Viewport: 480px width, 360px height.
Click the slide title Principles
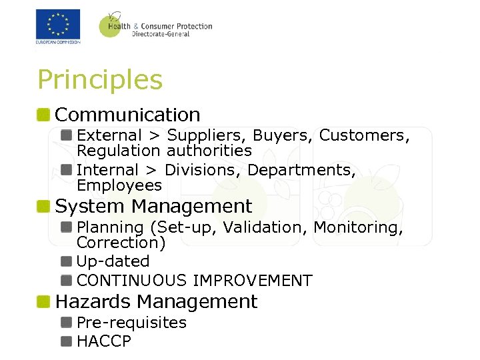click(100, 80)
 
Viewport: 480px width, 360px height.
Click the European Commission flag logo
click(58, 25)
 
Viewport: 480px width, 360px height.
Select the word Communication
click(128, 115)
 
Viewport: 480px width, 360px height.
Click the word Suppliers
click(207, 135)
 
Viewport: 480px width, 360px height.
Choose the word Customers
click(363, 135)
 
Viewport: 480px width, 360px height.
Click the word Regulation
click(119, 151)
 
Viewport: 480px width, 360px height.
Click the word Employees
click(119, 185)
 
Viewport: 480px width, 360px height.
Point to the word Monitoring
click(358, 227)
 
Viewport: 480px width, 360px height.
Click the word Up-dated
click(113, 261)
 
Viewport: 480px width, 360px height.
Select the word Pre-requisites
click(132, 323)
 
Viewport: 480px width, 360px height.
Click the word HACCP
click(104, 342)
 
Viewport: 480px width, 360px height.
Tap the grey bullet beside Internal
click(66, 169)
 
